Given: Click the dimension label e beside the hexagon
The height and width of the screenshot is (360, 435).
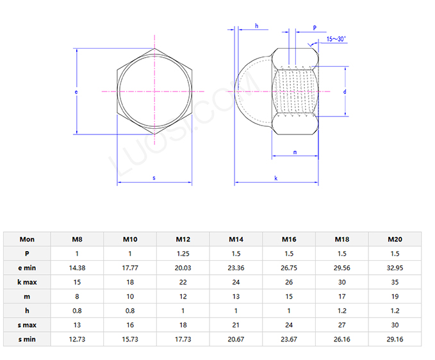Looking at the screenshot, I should point(76,92).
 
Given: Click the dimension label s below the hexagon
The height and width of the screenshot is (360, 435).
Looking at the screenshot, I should point(154,177).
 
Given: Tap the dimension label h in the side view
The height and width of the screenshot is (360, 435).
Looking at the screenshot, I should point(256,26).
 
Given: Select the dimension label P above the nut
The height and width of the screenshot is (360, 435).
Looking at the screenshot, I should point(315,28).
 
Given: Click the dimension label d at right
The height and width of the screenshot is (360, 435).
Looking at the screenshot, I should point(345,92).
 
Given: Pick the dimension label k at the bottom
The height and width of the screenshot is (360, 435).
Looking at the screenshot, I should point(276,177).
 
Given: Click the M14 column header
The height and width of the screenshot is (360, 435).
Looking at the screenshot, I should point(236,240).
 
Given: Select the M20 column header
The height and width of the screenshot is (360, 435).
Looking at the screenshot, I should point(395,240).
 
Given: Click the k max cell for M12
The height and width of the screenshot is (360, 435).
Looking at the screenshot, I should point(183,282).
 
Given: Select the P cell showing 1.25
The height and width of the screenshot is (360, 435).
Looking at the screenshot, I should point(183,254).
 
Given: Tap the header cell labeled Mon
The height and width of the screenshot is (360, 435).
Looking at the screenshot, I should point(27,240).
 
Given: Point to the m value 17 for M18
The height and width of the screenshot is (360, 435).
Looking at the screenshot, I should point(341,296).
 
